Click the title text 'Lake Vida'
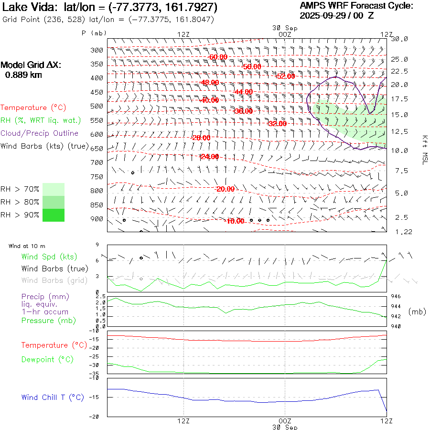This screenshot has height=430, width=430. [30, 7]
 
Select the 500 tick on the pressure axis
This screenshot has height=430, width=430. [97, 106]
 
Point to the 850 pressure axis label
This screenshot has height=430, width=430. [97, 205]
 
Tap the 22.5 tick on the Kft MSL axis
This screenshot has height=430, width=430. [399, 71]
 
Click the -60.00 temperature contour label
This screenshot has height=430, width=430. [218, 57]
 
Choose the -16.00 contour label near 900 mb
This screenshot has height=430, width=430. [235, 221]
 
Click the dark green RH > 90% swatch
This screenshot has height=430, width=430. [54, 215]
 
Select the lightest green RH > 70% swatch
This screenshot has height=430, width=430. [54, 189]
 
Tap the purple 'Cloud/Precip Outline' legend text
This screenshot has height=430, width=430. [40, 133]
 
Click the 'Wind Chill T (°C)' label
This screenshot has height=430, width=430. [53, 398]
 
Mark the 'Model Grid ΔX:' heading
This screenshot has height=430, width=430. [31, 65]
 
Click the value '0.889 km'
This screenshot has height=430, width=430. [23, 75]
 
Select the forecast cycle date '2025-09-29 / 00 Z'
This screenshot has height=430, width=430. [337, 15]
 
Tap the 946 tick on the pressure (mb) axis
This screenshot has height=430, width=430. [397, 297]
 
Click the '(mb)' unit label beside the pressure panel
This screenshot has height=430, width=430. [417, 312]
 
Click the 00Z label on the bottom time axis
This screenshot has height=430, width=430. [285, 421]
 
